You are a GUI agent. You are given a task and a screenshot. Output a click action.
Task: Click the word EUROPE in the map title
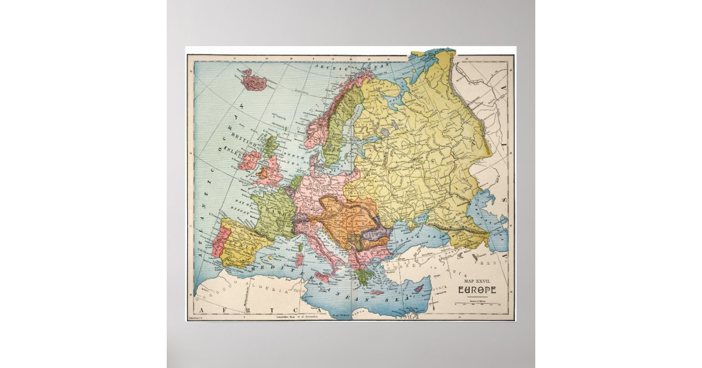[x=477, y=290]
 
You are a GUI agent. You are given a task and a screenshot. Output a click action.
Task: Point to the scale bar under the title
[x=477, y=303]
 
